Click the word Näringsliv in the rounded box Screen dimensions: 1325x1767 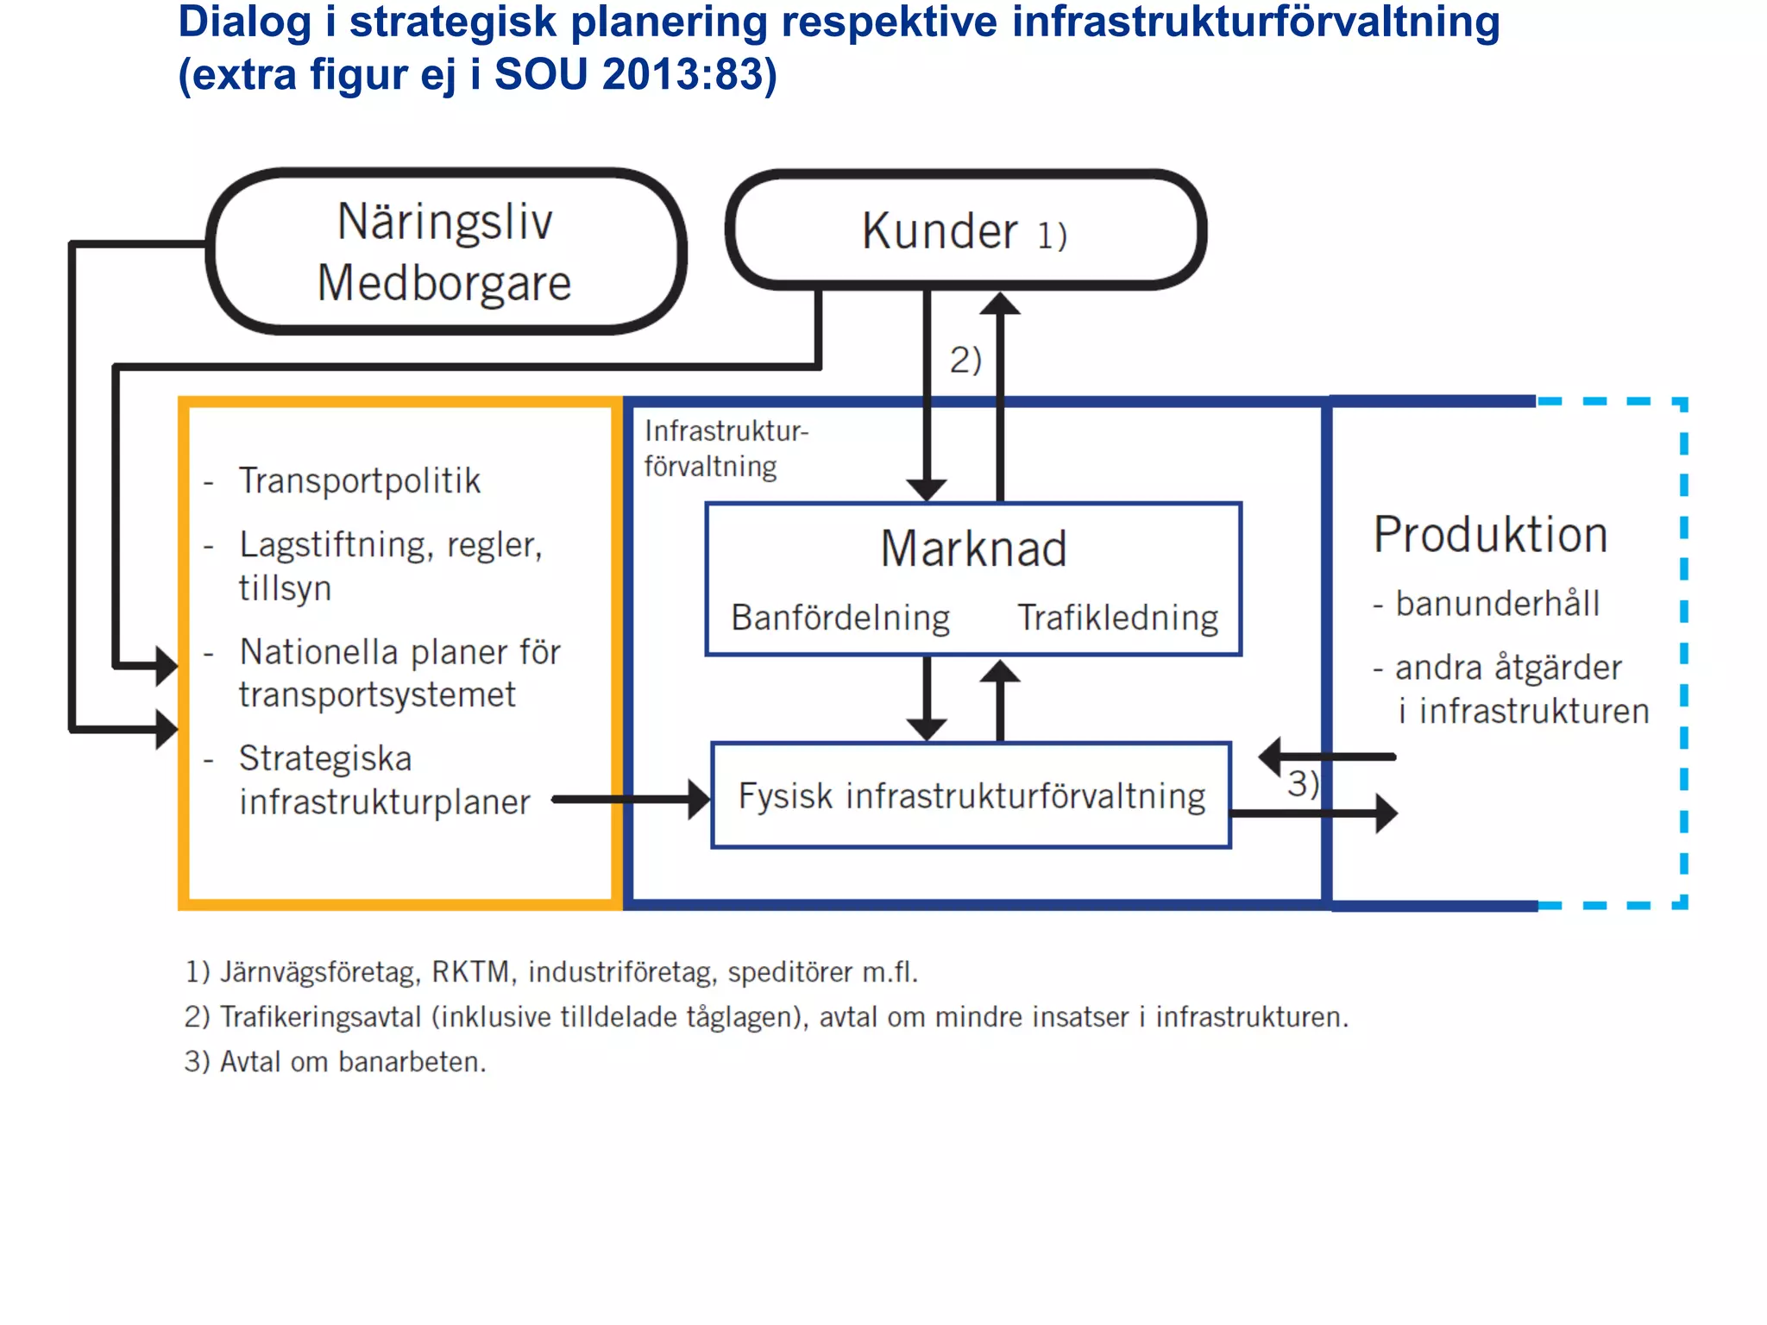(444, 222)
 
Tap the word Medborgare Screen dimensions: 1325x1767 (444, 283)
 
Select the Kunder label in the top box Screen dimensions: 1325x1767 (940, 231)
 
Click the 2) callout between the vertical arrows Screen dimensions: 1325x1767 (965, 360)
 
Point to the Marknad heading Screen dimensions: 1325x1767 (973, 549)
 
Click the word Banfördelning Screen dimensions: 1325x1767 (840, 618)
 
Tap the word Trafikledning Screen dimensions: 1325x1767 (1117, 618)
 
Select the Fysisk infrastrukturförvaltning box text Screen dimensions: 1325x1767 (972, 795)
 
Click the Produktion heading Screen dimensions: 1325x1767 (1490, 535)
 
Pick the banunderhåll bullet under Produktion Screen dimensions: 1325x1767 (1497, 604)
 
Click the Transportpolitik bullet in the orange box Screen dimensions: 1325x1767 (359, 480)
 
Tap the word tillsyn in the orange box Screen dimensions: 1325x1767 (285, 588)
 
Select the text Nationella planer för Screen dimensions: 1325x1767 (399, 652)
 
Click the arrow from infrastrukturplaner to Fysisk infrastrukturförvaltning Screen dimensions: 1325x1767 (630, 800)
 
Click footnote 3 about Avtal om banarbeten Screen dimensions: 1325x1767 (336, 1062)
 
